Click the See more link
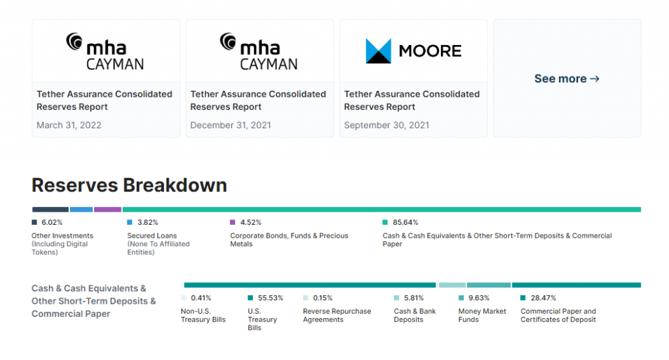[566, 78]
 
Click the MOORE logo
[413, 51]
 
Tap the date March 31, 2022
[69, 125]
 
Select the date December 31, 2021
[231, 125]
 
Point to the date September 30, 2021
[387, 125]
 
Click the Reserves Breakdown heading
[129, 185]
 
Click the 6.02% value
[52, 222]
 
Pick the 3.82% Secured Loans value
[147, 222]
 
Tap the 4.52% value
[250, 222]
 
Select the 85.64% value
[405, 222]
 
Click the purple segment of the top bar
[107, 210]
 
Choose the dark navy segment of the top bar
[50, 210]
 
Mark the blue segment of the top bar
[81, 210]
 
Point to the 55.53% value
[270, 298]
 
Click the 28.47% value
[543, 298]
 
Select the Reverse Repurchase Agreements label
[336, 316]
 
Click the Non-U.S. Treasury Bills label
[203, 316]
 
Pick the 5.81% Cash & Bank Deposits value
[414, 298]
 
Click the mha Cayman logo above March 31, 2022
[105, 51]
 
